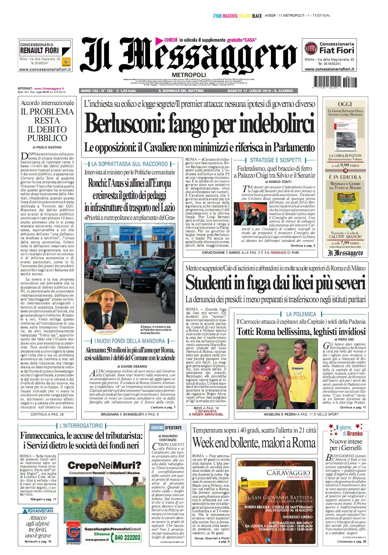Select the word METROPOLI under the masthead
[189, 75]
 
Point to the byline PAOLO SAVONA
[49, 147]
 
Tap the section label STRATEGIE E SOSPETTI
[275, 160]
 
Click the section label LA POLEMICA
[301, 314]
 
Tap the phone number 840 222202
[127, 537]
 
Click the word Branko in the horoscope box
[354, 434]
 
